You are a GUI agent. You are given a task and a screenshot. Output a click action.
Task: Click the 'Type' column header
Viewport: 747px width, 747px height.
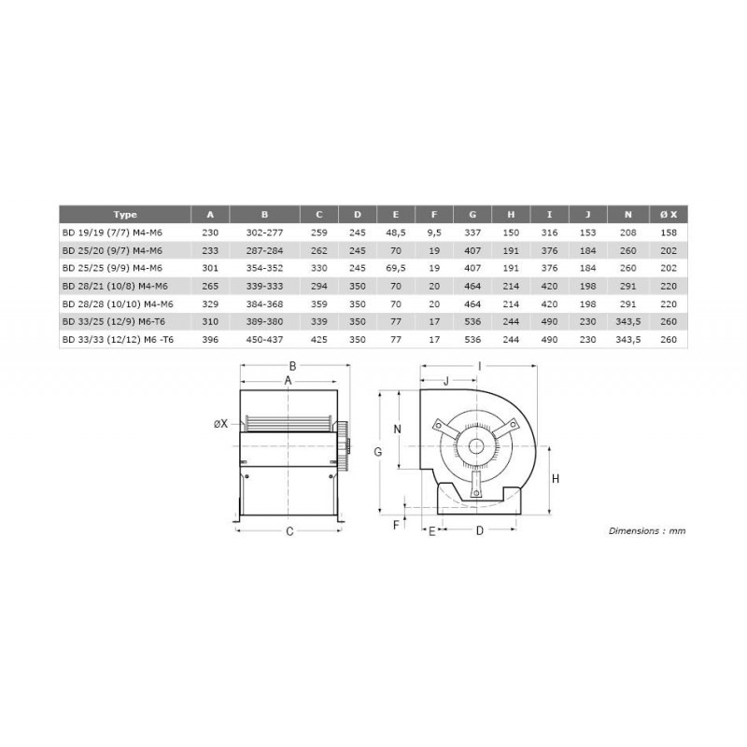pyautogui.click(x=124, y=215)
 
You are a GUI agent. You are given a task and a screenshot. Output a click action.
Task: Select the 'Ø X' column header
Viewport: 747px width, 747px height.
pyautogui.click(x=669, y=215)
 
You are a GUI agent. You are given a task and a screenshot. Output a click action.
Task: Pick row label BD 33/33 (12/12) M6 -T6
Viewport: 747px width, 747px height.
pyautogui.click(x=118, y=340)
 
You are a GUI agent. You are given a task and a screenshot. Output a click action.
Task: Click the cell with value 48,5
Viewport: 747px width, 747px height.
pyautogui.click(x=396, y=232)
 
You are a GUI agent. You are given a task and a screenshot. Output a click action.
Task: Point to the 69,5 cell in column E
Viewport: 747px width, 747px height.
pyautogui.click(x=396, y=268)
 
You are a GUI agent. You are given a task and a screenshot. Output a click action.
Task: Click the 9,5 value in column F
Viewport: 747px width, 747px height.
pyautogui.click(x=434, y=232)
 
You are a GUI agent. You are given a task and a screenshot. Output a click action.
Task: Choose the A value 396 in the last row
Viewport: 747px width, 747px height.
pyautogui.click(x=210, y=340)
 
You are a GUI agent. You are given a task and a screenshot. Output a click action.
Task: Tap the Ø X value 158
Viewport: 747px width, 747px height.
pyautogui.click(x=669, y=232)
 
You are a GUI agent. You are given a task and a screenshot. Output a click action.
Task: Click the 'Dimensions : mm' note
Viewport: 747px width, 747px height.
pyautogui.click(x=646, y=529)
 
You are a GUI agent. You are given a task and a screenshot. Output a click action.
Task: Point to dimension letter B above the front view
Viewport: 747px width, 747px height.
pyautogui.click(x=292, y=366)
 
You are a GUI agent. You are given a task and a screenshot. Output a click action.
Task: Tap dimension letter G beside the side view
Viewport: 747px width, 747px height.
pyautogui.click(x=379, y=452)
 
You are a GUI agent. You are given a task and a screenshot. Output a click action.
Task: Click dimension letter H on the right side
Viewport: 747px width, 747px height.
pyautogui.click(x=555, y=478)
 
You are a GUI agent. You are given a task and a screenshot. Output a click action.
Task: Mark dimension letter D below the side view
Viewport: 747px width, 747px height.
pyautogui.click(x=479, y=531)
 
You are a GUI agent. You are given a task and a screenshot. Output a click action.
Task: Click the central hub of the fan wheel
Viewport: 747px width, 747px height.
pyautogui.click(x=477, y=446)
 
